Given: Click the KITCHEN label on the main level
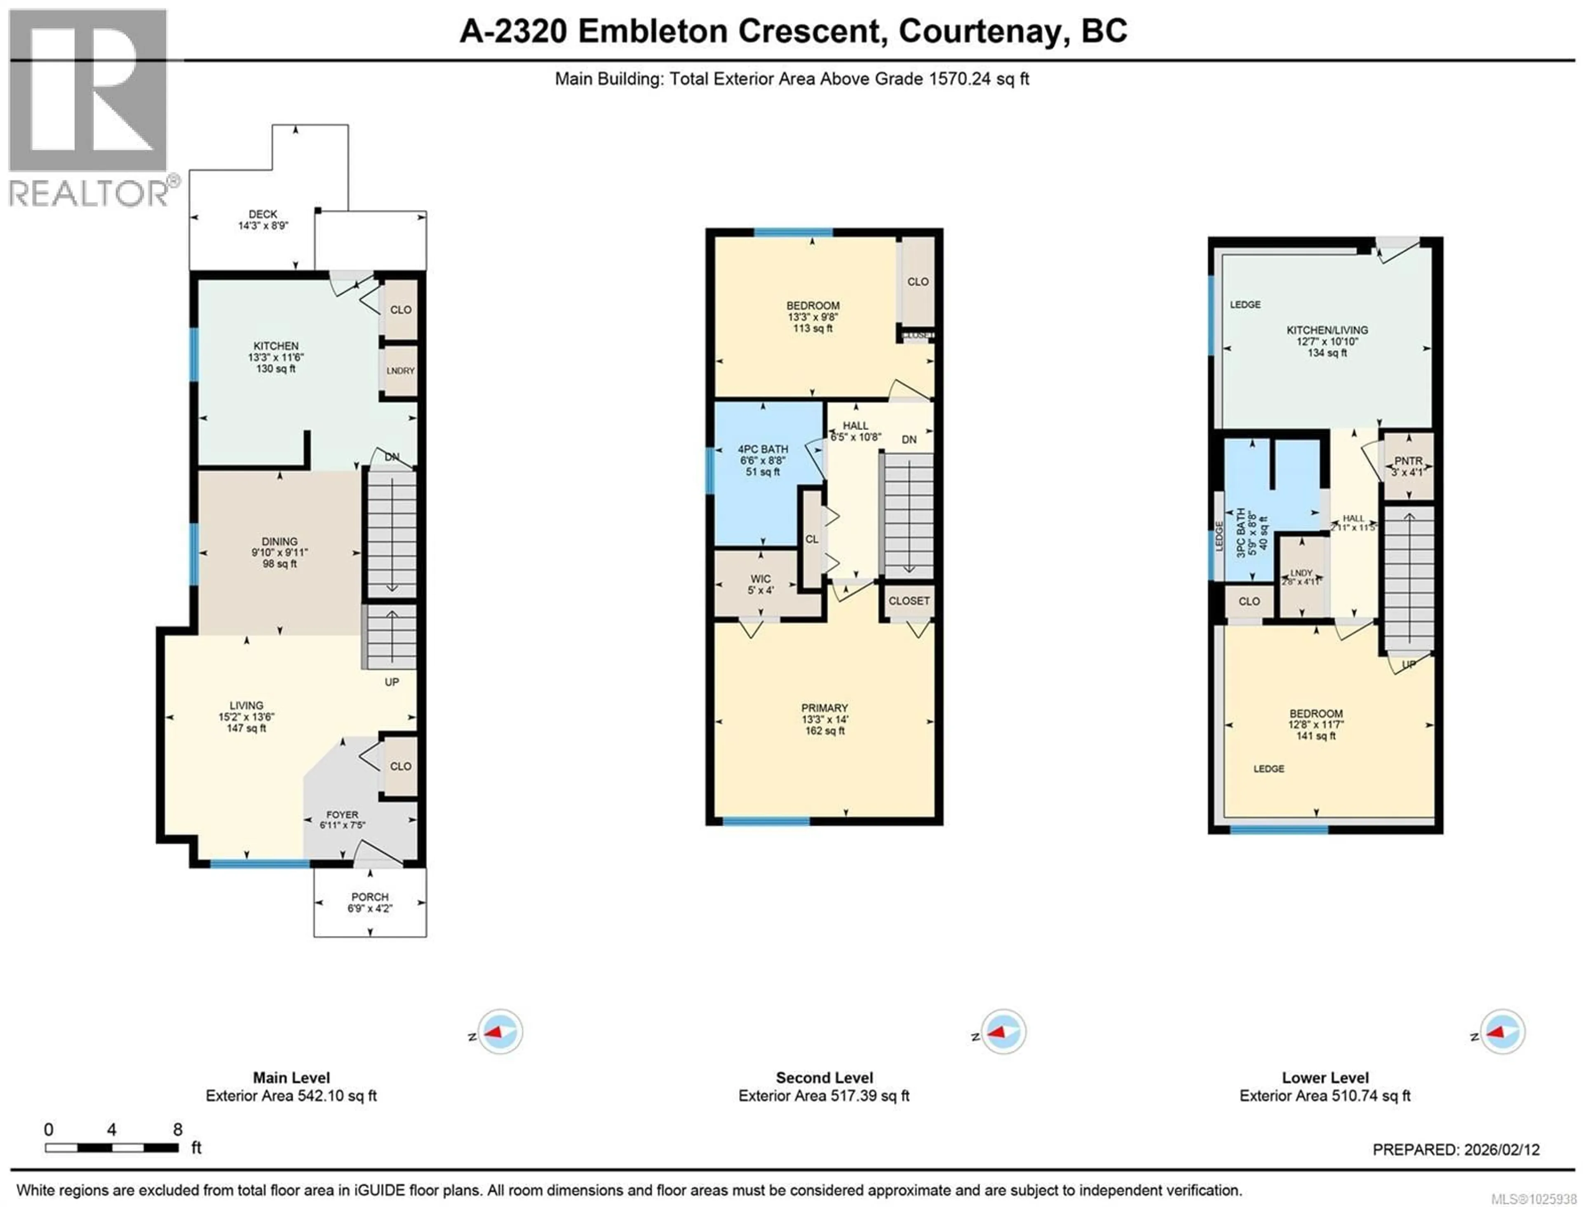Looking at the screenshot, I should (275, 345).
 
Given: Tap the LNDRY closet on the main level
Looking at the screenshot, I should (400, 371).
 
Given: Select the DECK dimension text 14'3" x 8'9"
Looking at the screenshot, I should (263, 225).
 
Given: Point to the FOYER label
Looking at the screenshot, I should (342, 815).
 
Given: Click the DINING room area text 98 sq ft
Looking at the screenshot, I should (279, 564).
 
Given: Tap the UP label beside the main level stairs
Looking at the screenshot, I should (392, 682).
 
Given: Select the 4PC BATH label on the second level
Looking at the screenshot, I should (762, 449).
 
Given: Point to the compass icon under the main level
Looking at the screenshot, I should (500, 1032).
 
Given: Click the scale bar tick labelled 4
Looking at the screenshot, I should (111, 1130).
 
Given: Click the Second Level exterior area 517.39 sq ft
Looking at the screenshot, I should (824, 1096).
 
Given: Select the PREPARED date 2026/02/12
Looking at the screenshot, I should (1498, 1150).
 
